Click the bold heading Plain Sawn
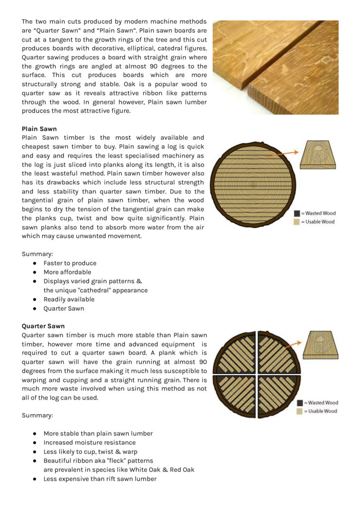(39, 129)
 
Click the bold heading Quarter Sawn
(43, 326)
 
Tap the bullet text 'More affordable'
(67, 272)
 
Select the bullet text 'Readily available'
(69, 299)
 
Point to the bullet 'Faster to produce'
(70, 263)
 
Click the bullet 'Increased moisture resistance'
(89, 442)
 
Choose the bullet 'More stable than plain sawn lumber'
(98, 433)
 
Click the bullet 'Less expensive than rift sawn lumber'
(99, 479)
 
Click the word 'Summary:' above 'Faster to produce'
(37, 254)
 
